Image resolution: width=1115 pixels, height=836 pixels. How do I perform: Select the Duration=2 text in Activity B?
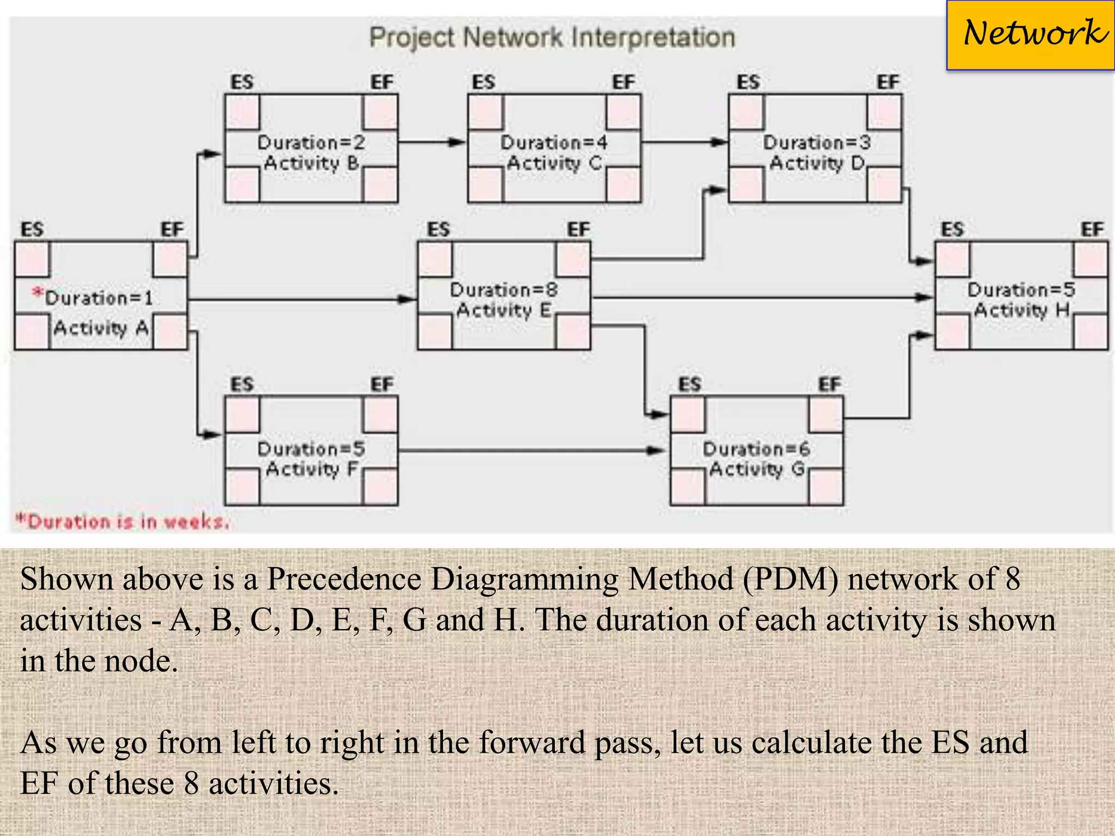click(x=311, y=143)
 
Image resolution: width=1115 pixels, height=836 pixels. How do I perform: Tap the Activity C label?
click(x=554, y=163)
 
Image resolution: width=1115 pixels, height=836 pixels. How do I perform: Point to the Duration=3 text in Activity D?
click(x=816, y=143)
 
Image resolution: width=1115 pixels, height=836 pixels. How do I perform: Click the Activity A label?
click(x=101, y=328)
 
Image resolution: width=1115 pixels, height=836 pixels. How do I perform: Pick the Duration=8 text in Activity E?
click(x=504, y=290)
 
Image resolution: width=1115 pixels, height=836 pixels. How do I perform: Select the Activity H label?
click(x=1021, y=310)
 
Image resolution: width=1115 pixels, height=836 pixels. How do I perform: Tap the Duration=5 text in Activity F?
click(x=311, y=449)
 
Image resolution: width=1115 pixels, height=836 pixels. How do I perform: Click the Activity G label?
click(x=757, y=469)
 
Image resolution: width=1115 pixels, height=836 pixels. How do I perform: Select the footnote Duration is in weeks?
click(x=122, y=521)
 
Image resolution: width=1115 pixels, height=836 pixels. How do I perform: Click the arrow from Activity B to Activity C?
click(x=432, y=143)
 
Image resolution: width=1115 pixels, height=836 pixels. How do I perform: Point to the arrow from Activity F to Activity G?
click(x=531, y=451)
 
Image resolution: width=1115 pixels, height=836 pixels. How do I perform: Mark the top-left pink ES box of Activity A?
click(x=32, y=259)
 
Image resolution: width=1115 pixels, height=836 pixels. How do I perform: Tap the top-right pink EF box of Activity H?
click(x=1091, y=259)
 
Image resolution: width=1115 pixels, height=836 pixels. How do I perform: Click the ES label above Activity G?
click(x=689, y=385)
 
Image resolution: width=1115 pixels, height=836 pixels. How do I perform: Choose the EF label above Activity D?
click(x=887, y=82)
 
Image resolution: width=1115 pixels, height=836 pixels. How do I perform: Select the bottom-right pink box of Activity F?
click(x=381, y=487)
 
